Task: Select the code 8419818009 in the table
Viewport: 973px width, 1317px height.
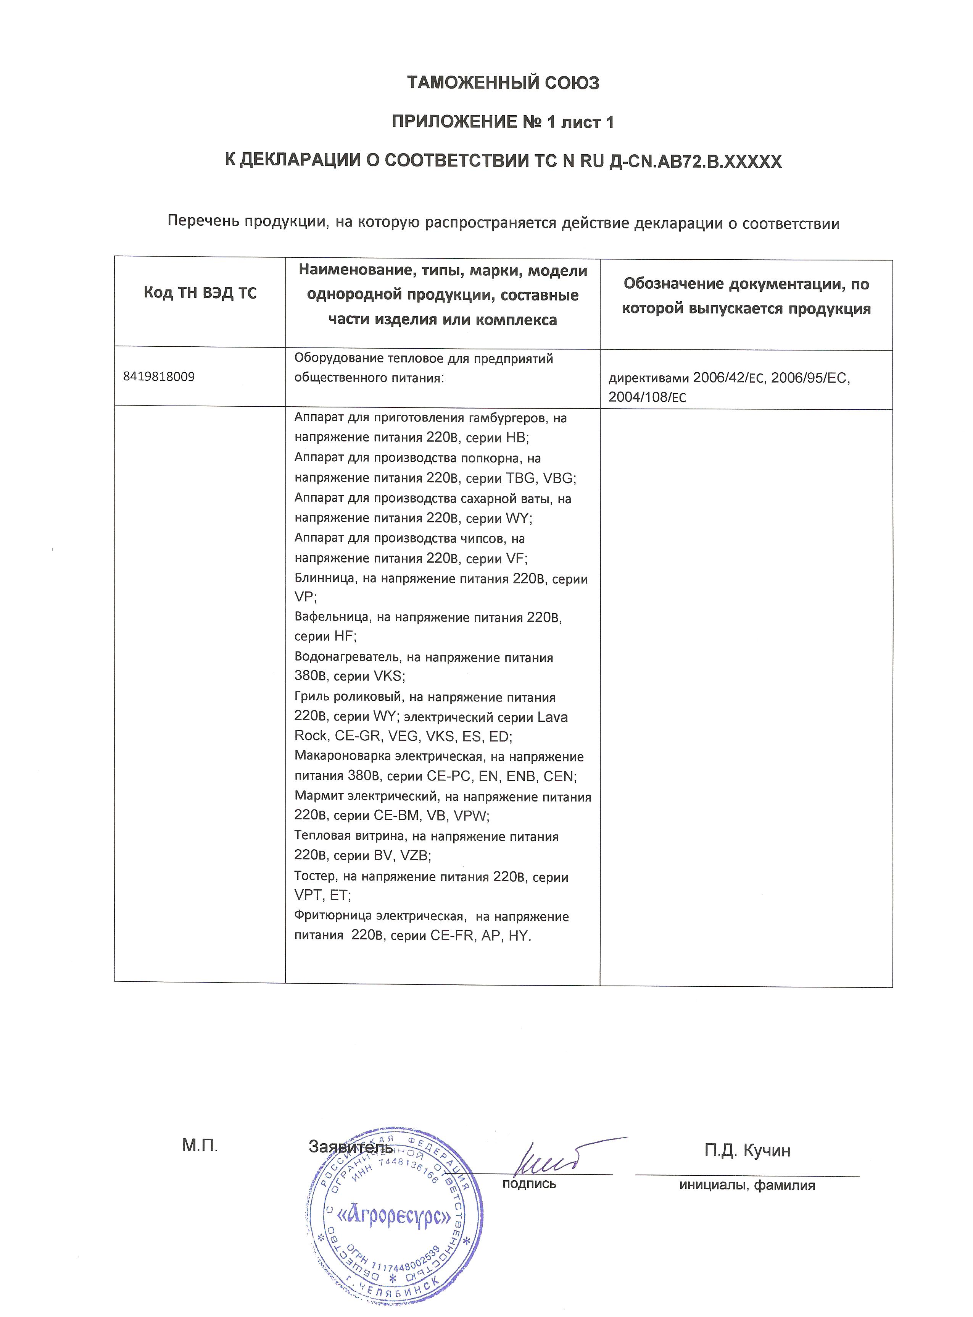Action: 159,377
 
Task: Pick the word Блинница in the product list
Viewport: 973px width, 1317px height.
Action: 325,579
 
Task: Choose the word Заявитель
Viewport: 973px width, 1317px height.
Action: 350,1147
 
